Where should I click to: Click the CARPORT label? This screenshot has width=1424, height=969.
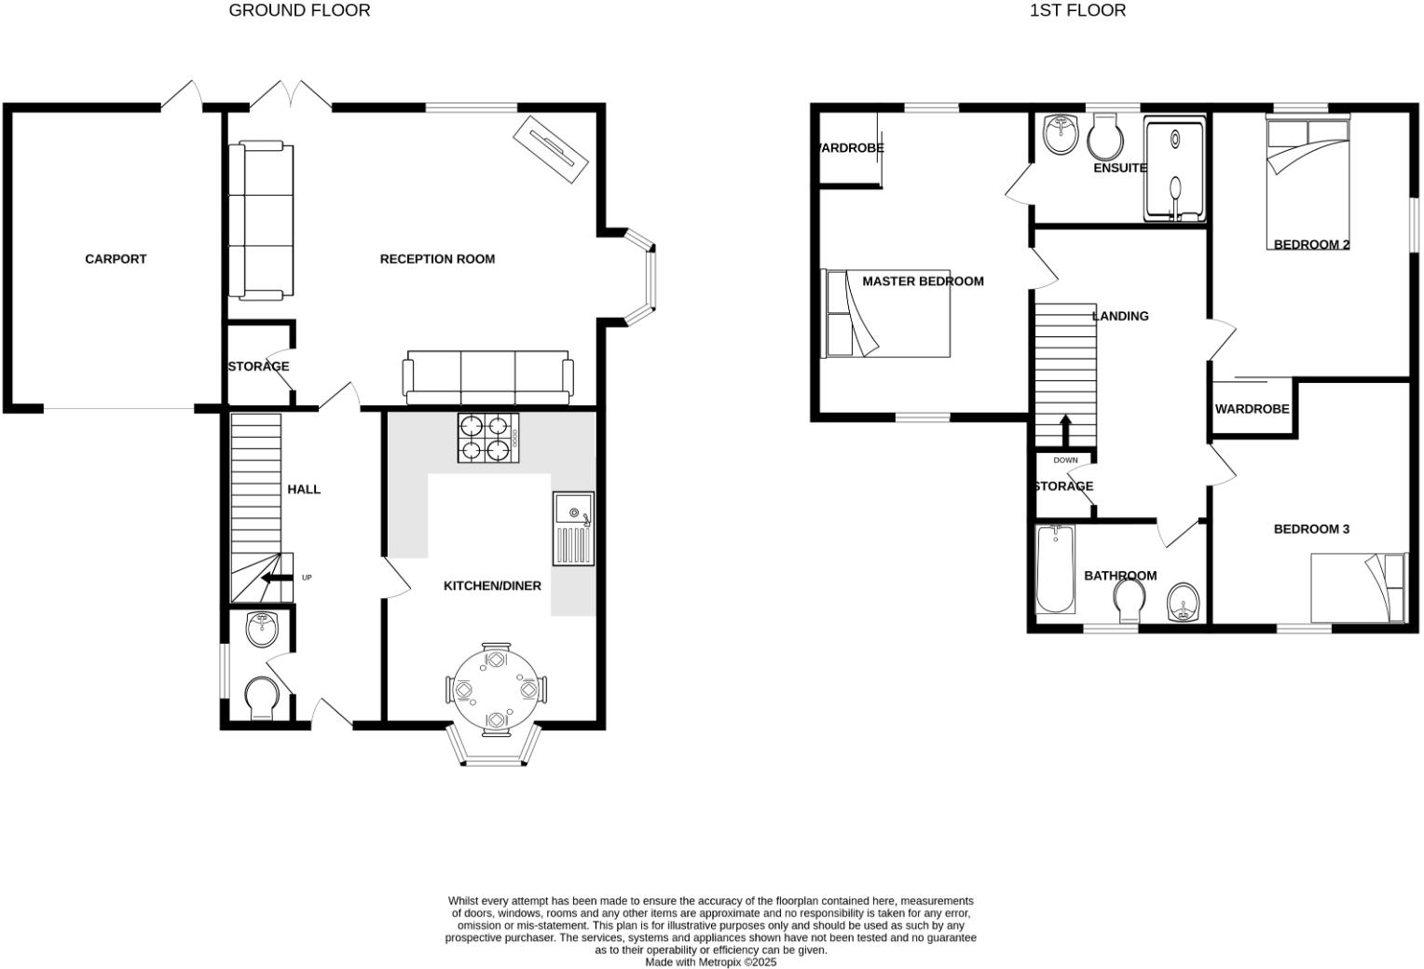click(116, 259)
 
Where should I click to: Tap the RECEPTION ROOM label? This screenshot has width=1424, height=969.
click(437, 259)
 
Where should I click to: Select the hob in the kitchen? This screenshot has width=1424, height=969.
click(488, 438)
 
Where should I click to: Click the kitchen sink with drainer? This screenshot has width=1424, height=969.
click(572, 528)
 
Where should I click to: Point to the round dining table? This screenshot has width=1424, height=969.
click(496, 689)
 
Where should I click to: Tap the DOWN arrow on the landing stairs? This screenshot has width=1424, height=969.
click(1065, 430)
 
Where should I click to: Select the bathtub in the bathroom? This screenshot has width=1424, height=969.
click(1056, 569)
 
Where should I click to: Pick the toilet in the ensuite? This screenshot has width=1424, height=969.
click(1105, 138)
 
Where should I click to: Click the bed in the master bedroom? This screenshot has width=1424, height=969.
click(885, 313)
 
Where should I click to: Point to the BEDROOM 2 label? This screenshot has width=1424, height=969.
click(1311, 245)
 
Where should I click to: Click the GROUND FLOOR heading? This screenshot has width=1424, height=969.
click(299, 10)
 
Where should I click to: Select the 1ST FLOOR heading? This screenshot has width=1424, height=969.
click(1077, 10)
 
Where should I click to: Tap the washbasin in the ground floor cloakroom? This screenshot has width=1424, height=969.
click(263, 629)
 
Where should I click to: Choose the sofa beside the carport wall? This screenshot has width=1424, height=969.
click(262, 221)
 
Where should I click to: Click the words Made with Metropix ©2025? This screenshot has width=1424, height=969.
click(710, 962)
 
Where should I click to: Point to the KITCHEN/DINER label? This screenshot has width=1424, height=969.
click(492, 586)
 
